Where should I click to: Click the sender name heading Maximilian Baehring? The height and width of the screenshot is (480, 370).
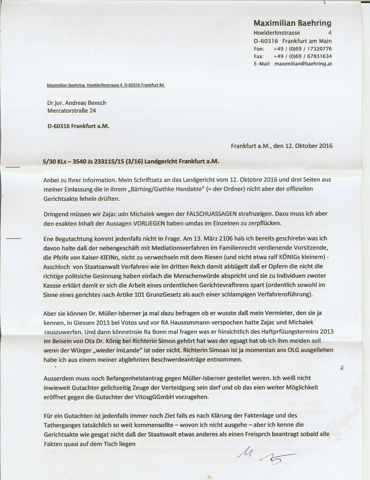coord(293,23)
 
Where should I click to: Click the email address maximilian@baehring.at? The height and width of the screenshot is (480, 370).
coord(303,64)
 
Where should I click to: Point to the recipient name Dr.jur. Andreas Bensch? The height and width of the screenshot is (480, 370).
coord(77,103)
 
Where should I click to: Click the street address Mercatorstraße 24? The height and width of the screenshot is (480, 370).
coord(72,110)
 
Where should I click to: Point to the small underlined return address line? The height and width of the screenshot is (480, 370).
coord(106,85)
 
